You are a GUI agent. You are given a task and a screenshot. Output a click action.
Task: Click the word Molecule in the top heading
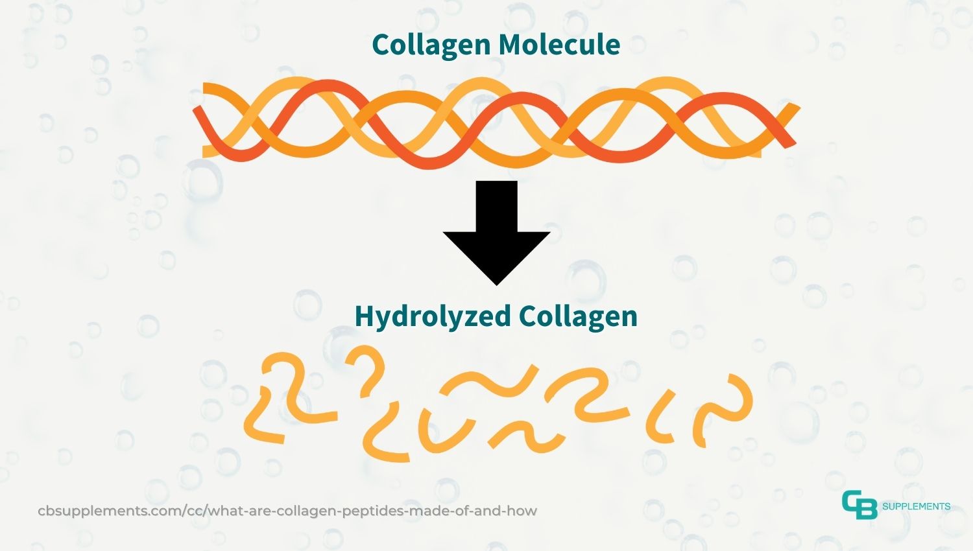coord(559,44)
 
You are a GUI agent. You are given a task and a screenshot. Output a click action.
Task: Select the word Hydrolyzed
coord(433,318)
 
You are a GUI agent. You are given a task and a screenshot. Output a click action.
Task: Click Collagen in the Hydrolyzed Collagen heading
coord(578,318)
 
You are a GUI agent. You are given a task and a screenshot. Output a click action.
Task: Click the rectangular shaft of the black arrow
coord(496,206)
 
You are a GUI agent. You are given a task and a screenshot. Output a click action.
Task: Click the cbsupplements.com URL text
coord(287,511)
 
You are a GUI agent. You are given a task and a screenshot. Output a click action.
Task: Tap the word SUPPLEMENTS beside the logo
coord(916,506)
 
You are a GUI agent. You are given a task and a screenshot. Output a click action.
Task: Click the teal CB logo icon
coord(859,504)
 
